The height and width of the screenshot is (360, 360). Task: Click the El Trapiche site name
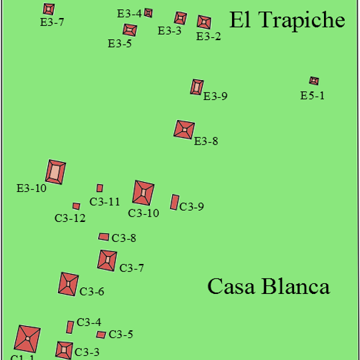(287, 20)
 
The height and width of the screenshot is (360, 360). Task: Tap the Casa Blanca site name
(269, 286)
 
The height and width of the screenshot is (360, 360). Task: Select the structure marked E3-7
(49, 9)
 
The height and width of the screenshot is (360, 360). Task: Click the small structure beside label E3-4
(148, 13)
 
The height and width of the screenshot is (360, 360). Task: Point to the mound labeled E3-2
(204, 22)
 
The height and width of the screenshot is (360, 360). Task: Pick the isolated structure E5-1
(314, 81)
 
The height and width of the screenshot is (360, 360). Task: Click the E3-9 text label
(215, 96)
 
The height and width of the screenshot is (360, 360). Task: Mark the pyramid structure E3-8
(184, 130)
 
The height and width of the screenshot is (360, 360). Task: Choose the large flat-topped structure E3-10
(55, 172)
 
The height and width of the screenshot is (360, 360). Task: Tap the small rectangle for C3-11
(99, 188)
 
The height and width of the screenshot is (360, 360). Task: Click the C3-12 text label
(70, 218)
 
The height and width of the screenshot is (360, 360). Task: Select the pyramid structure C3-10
(143, 193)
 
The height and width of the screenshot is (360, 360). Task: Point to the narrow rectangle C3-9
(175, 202)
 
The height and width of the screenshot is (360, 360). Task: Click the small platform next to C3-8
(103, 237)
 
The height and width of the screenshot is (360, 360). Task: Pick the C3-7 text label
(131, 268)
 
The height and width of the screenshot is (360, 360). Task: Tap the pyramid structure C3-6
(68, 284)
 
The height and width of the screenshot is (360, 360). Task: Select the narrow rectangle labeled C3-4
(70, 327)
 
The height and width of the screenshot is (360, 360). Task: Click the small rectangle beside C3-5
(101, 335)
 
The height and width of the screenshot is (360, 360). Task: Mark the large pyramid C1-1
(27, 339)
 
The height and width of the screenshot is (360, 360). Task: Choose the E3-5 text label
(119, 43)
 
